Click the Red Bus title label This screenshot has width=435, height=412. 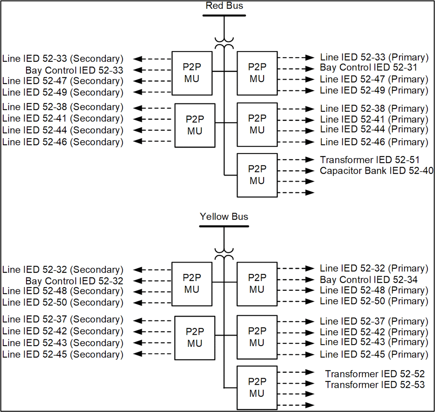click(224, 6)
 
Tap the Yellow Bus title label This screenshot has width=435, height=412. click(224, 217)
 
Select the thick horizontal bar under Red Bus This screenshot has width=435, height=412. click(224, 16)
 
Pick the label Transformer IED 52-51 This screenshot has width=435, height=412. click(369, 160)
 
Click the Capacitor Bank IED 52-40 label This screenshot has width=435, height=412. click(376, 171)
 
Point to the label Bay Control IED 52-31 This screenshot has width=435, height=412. click(368, 68)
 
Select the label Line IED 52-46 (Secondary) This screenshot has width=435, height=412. click(63, 142)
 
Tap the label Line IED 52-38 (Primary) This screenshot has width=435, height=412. click(374, 109)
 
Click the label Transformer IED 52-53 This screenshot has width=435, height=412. click(374, 385)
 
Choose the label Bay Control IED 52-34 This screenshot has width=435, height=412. click(368, 280)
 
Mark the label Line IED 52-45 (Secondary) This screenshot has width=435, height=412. click(63, 354)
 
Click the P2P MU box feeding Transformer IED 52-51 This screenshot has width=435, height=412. click(257, 175)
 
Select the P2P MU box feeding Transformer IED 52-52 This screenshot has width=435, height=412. click(257, 387)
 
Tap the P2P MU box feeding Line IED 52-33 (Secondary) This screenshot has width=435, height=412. click(192, 73)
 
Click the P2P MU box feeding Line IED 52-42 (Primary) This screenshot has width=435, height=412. click(257, 337)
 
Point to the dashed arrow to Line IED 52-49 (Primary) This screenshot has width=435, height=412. click(296, 90)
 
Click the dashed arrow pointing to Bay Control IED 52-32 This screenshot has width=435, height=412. click(152, 281)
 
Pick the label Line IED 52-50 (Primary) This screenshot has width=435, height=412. click(374, 301)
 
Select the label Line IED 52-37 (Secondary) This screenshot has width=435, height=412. click(63, 319)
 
